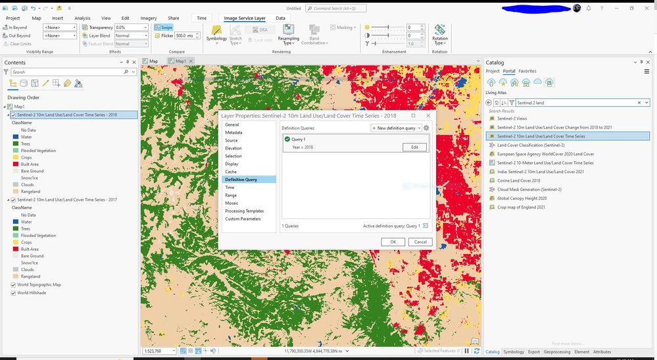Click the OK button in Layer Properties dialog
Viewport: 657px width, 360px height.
tap(393, 242)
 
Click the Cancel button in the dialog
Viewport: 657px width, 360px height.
tap(420, 242)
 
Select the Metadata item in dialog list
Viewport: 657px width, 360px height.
tap(233, 132)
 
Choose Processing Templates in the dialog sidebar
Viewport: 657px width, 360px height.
tap(244, 211)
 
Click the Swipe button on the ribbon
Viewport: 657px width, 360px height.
tap(163, 27)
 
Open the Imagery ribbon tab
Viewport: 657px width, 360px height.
tap(149, 18)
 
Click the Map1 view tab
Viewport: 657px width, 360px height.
tap(179, 61)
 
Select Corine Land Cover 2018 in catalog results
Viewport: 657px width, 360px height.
tap(518, 180)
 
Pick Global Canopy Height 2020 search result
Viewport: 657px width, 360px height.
tap(522, 198)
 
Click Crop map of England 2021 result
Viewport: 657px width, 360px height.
tap(521, 207)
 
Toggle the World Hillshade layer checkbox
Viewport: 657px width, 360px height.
tap(13, 293)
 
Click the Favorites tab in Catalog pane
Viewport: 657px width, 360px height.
tap(527, 71)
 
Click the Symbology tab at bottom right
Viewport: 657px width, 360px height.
tap(514, 351)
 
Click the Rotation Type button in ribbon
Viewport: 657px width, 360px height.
tap(439, 36)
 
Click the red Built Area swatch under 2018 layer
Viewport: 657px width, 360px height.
tap(14, 165)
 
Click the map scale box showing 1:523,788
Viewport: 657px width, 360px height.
tap(158, 351)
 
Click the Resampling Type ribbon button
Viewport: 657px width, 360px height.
tap(287, 36)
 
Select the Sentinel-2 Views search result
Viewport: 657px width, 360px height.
tap(512, 118)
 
